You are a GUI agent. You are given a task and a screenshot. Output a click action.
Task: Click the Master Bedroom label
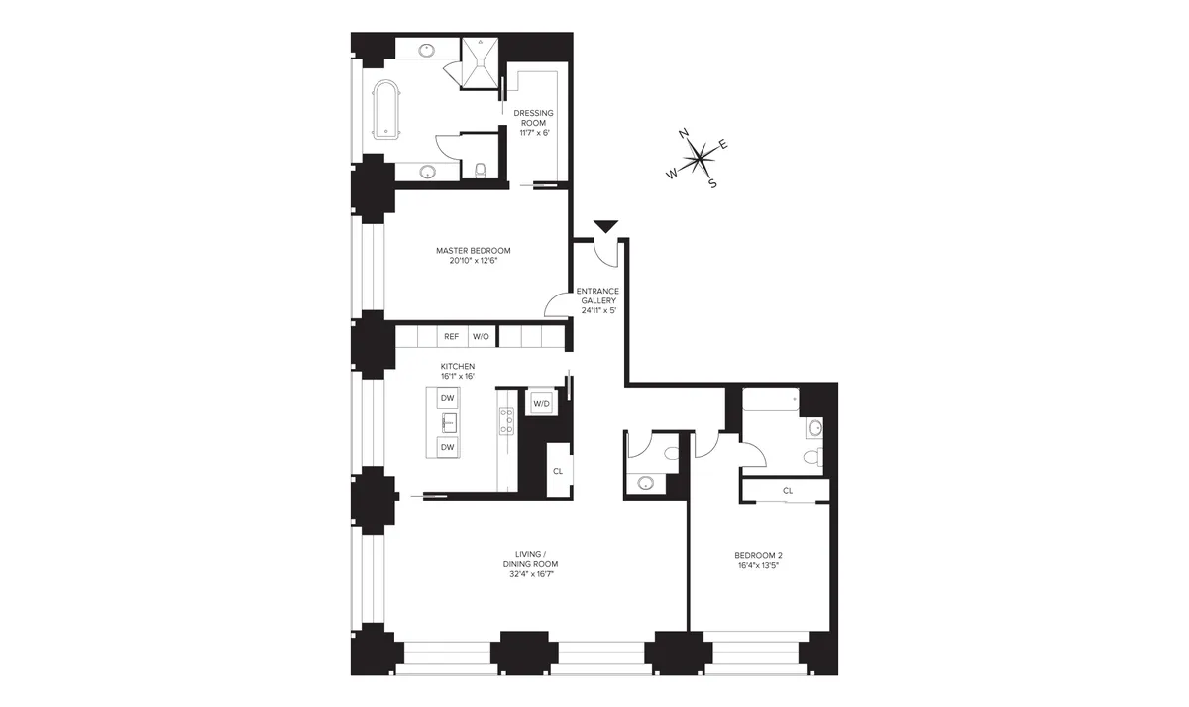point(473,256)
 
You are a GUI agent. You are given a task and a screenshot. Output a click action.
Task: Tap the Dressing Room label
point(533,123)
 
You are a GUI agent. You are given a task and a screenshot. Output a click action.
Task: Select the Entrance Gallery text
point(597,300)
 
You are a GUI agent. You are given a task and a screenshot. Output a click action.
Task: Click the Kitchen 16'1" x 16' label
point(458,371)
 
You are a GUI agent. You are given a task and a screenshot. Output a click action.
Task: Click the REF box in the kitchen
point(451,337)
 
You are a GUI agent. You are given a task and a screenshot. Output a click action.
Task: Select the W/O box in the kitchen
point(481,337)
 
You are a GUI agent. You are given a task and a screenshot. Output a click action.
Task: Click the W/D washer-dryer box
point(541,403)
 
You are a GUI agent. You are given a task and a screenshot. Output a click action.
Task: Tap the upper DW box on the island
point(447,398)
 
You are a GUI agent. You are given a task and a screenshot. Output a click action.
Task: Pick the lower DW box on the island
point(447,447)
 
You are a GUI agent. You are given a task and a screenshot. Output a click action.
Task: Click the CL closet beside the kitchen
point(557,471)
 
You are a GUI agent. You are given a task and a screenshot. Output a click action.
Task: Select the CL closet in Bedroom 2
point(787,490)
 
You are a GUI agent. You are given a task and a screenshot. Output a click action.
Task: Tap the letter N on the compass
point(683,133)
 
